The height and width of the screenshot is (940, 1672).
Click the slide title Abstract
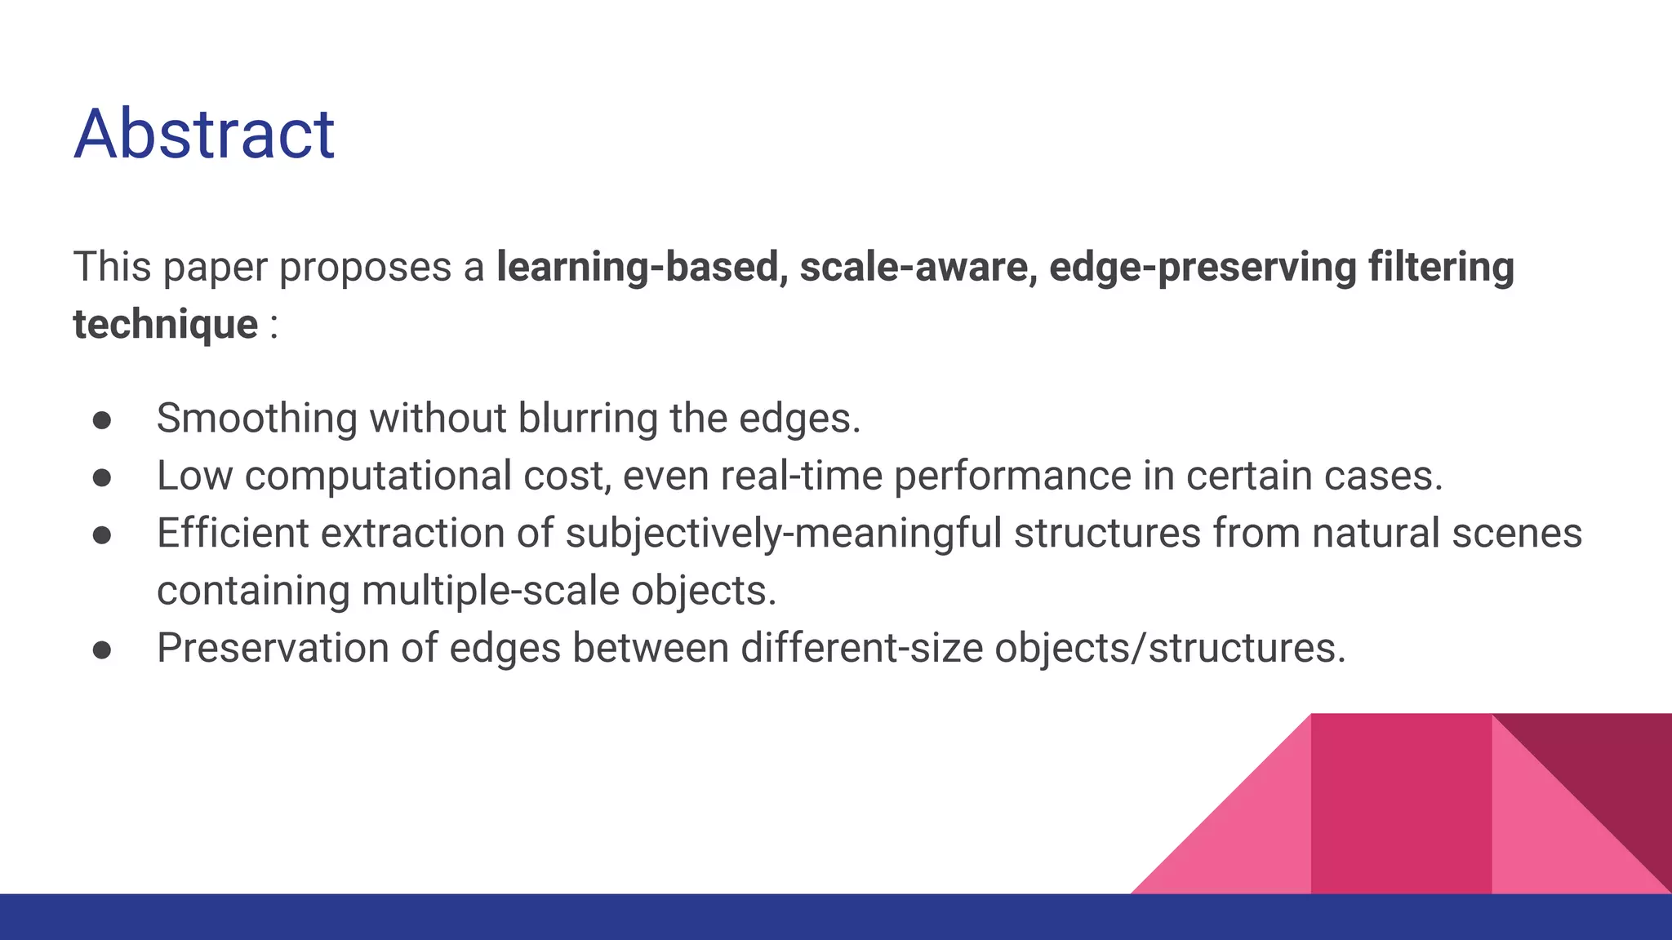(204, 134)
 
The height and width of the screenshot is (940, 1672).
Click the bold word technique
(166, 325)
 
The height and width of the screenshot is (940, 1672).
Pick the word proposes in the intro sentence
(365, 268)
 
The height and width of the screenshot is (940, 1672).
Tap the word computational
(379, 477)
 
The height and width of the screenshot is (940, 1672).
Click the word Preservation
(273, 649)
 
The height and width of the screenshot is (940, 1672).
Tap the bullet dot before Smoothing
(102, 420)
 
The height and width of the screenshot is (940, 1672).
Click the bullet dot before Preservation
(102, 650)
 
